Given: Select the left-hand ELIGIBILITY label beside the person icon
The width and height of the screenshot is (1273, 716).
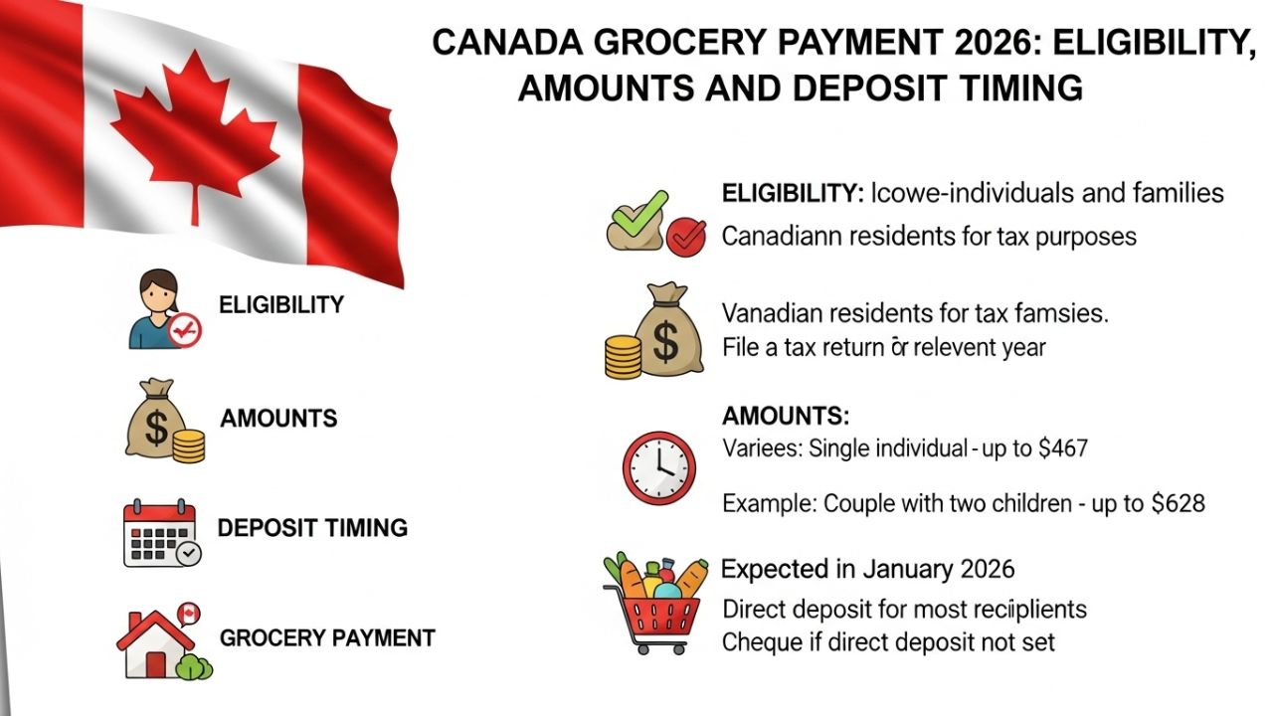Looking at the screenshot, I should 280,304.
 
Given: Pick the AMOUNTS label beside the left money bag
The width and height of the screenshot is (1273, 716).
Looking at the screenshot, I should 278,418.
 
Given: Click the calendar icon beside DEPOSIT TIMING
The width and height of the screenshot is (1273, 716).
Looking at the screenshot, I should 160,533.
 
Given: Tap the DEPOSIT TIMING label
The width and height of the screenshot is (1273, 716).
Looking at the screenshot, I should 312,527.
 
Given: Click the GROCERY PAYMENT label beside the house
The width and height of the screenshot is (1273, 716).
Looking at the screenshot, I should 326,637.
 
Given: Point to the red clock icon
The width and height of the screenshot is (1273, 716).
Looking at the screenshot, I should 658,467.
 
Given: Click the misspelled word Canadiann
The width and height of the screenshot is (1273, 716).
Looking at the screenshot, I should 787,238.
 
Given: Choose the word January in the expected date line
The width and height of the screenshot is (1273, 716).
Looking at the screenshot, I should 908,569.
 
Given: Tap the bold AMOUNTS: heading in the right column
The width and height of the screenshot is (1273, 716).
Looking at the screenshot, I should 786,416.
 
